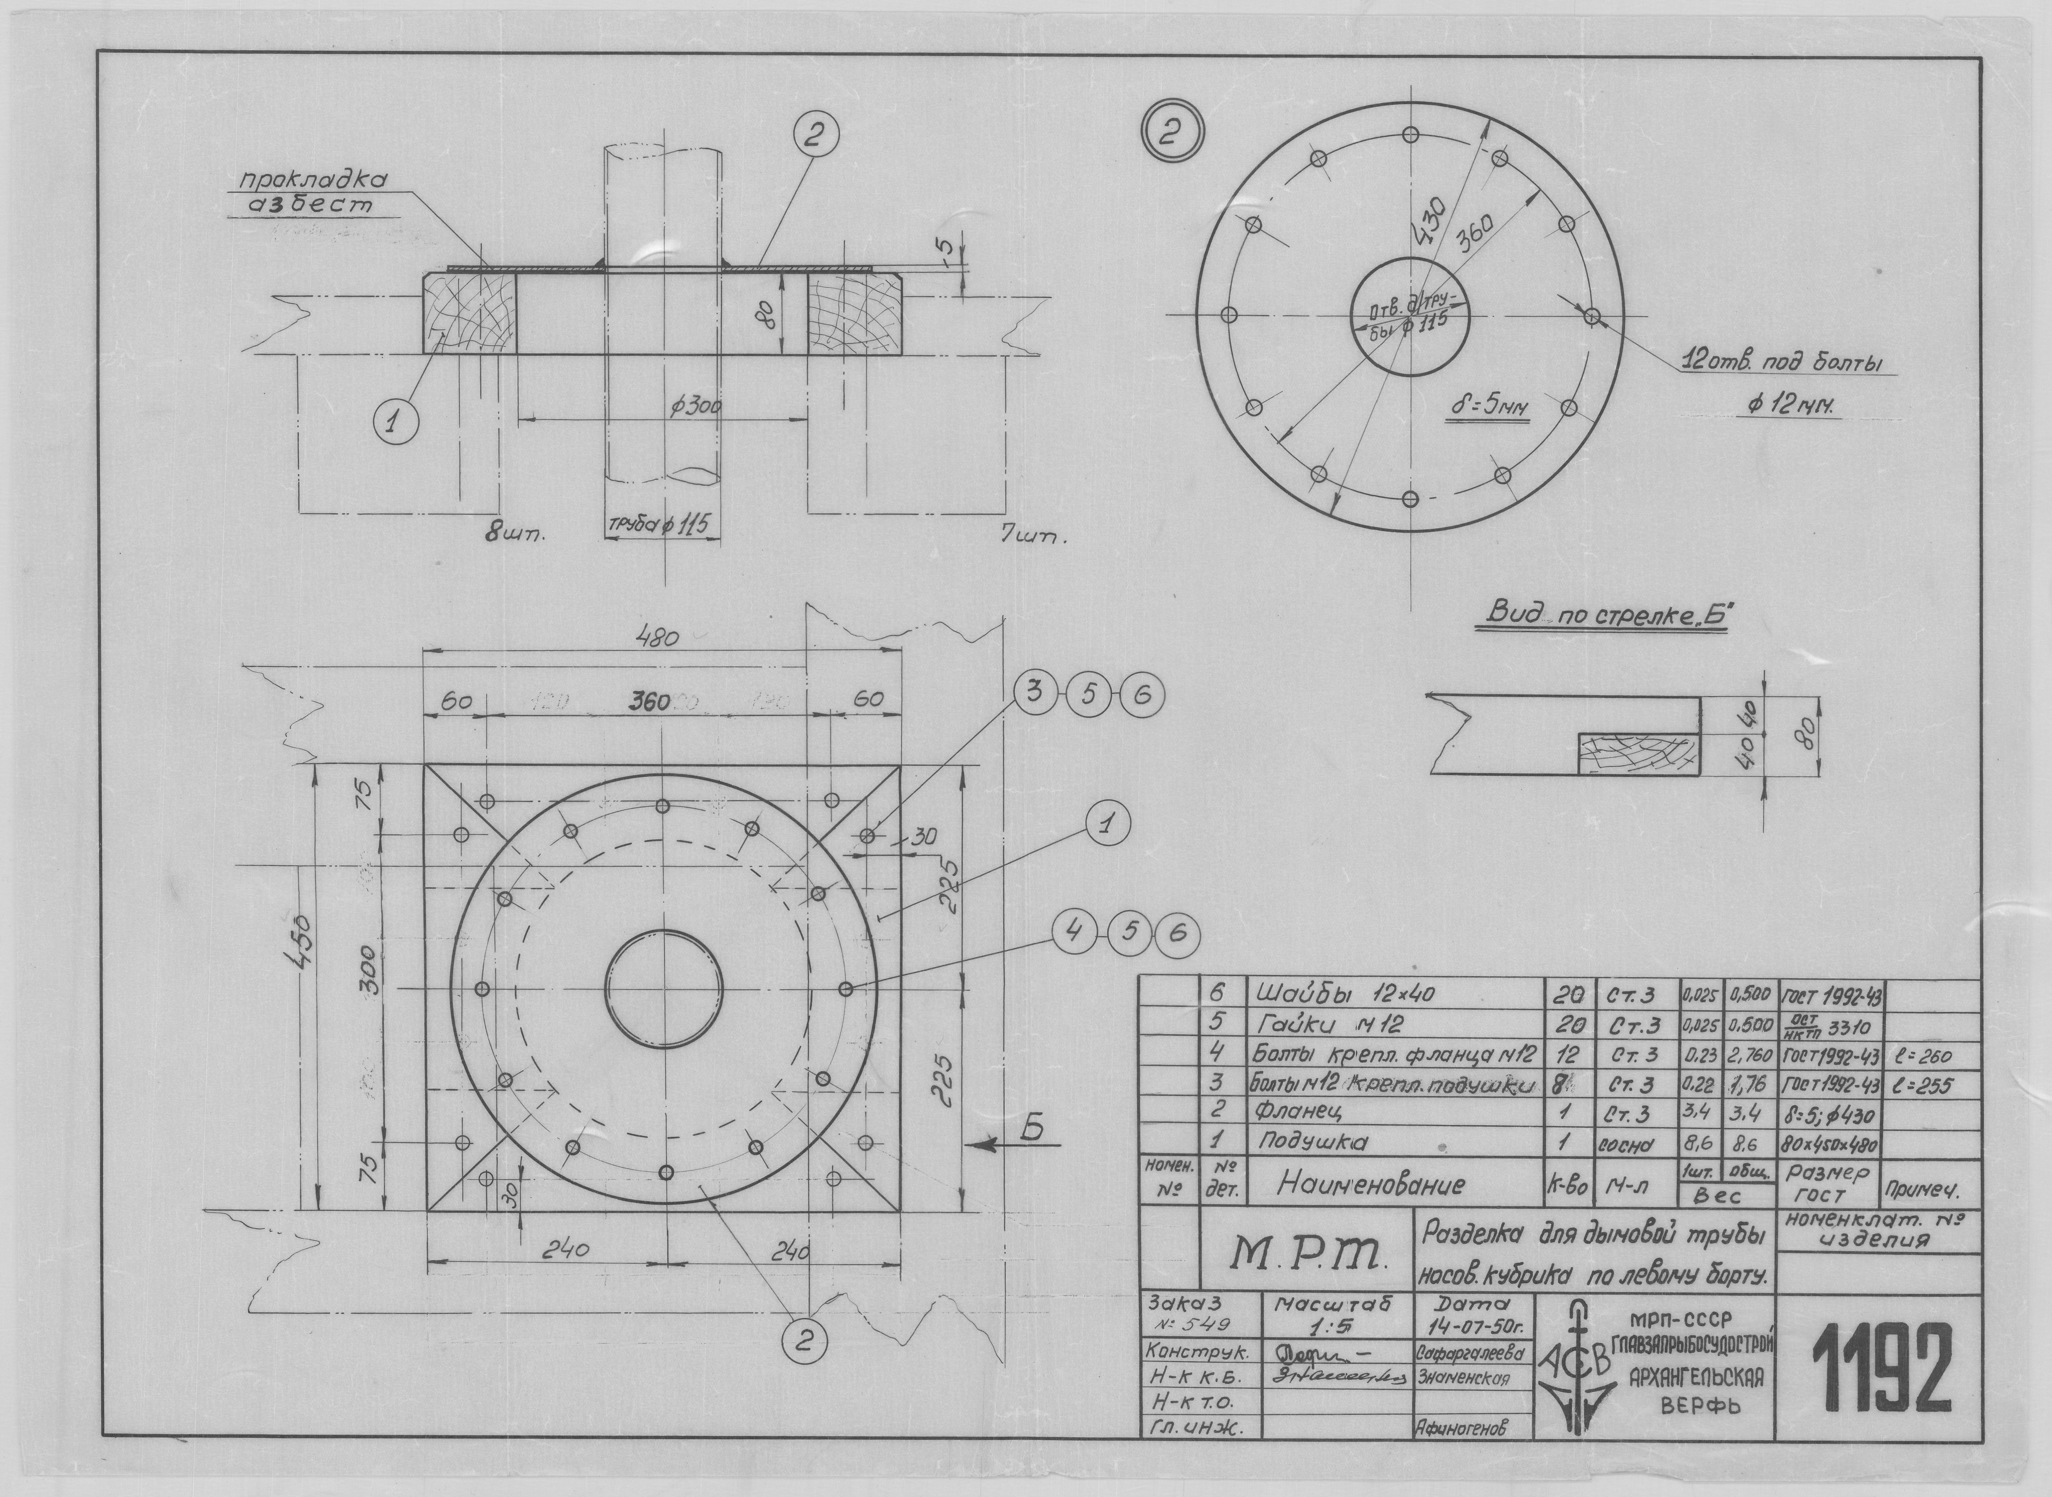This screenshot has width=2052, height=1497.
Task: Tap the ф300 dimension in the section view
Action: pyautogui.click(x=695, y=408)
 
